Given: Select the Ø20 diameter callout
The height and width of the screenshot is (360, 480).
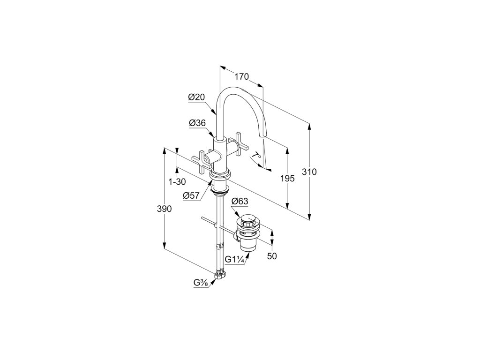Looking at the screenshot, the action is pos(197,97).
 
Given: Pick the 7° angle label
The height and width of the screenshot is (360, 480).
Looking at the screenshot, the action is pos(256,156).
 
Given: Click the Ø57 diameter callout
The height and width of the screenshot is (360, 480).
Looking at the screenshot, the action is pos(192,196).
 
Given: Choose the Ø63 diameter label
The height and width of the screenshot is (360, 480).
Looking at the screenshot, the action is pos(240,202).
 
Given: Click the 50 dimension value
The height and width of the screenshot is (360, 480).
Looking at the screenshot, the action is pos(272,256).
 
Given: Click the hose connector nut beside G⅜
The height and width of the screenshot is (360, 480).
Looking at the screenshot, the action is pos(219,276).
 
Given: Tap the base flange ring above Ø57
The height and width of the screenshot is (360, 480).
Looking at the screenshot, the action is pos(219,175).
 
